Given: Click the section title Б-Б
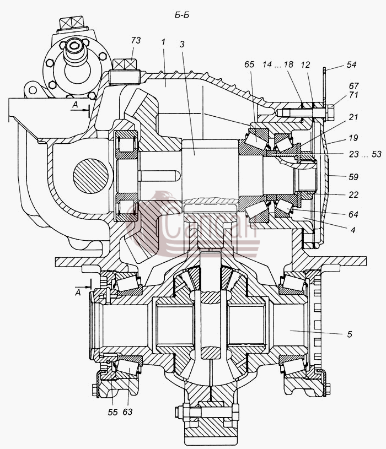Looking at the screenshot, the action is point(182,15).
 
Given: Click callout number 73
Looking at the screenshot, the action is point(136,40).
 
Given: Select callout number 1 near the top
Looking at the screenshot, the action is point(163,42).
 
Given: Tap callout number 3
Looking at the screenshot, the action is point(181,44).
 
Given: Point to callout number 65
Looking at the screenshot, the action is point(249,64).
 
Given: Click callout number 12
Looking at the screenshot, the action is point(305,65).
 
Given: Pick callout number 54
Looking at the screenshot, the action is point(351,64).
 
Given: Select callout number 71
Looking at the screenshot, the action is point(353,95).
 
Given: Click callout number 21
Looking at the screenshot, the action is point(353,117).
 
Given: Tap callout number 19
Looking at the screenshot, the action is point(353,138).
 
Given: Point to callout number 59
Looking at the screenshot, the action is point(353,177).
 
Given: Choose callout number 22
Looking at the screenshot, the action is point(353,194).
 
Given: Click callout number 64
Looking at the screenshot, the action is point(353,214).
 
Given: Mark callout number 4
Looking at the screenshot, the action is point(353,230).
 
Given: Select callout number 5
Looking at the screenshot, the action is point(349,334).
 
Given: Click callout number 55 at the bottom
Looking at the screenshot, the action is point(112,412).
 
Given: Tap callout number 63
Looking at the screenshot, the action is point(127,412).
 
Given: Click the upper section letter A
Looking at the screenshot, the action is point(75,105).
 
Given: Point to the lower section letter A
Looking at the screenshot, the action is point(78,293).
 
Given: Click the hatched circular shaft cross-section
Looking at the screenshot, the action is point(90,175).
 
